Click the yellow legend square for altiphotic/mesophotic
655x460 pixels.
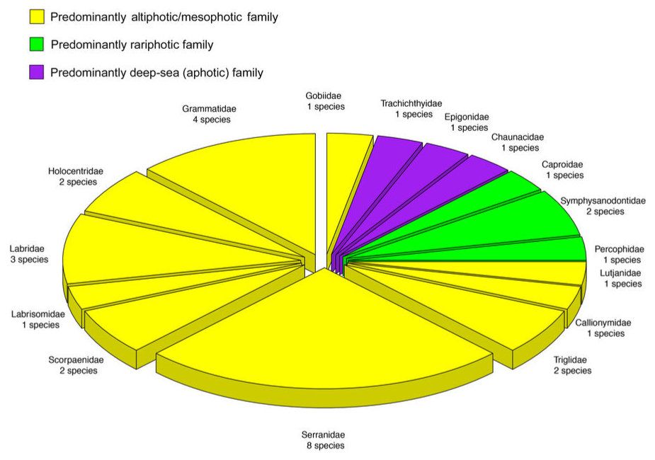click(37, 17)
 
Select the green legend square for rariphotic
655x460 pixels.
click(37, 45)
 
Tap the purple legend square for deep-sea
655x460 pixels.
click(37, 72)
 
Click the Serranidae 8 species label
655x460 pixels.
click(324, 440)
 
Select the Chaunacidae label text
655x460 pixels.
click(518, 142)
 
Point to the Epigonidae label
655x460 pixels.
click(467, 122)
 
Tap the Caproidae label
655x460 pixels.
click(563, 170)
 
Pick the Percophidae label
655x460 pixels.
click(620, 255)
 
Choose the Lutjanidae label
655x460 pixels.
click(621, 278)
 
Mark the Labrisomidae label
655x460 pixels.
click(38, 319)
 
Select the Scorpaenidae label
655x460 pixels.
click(76, 365)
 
